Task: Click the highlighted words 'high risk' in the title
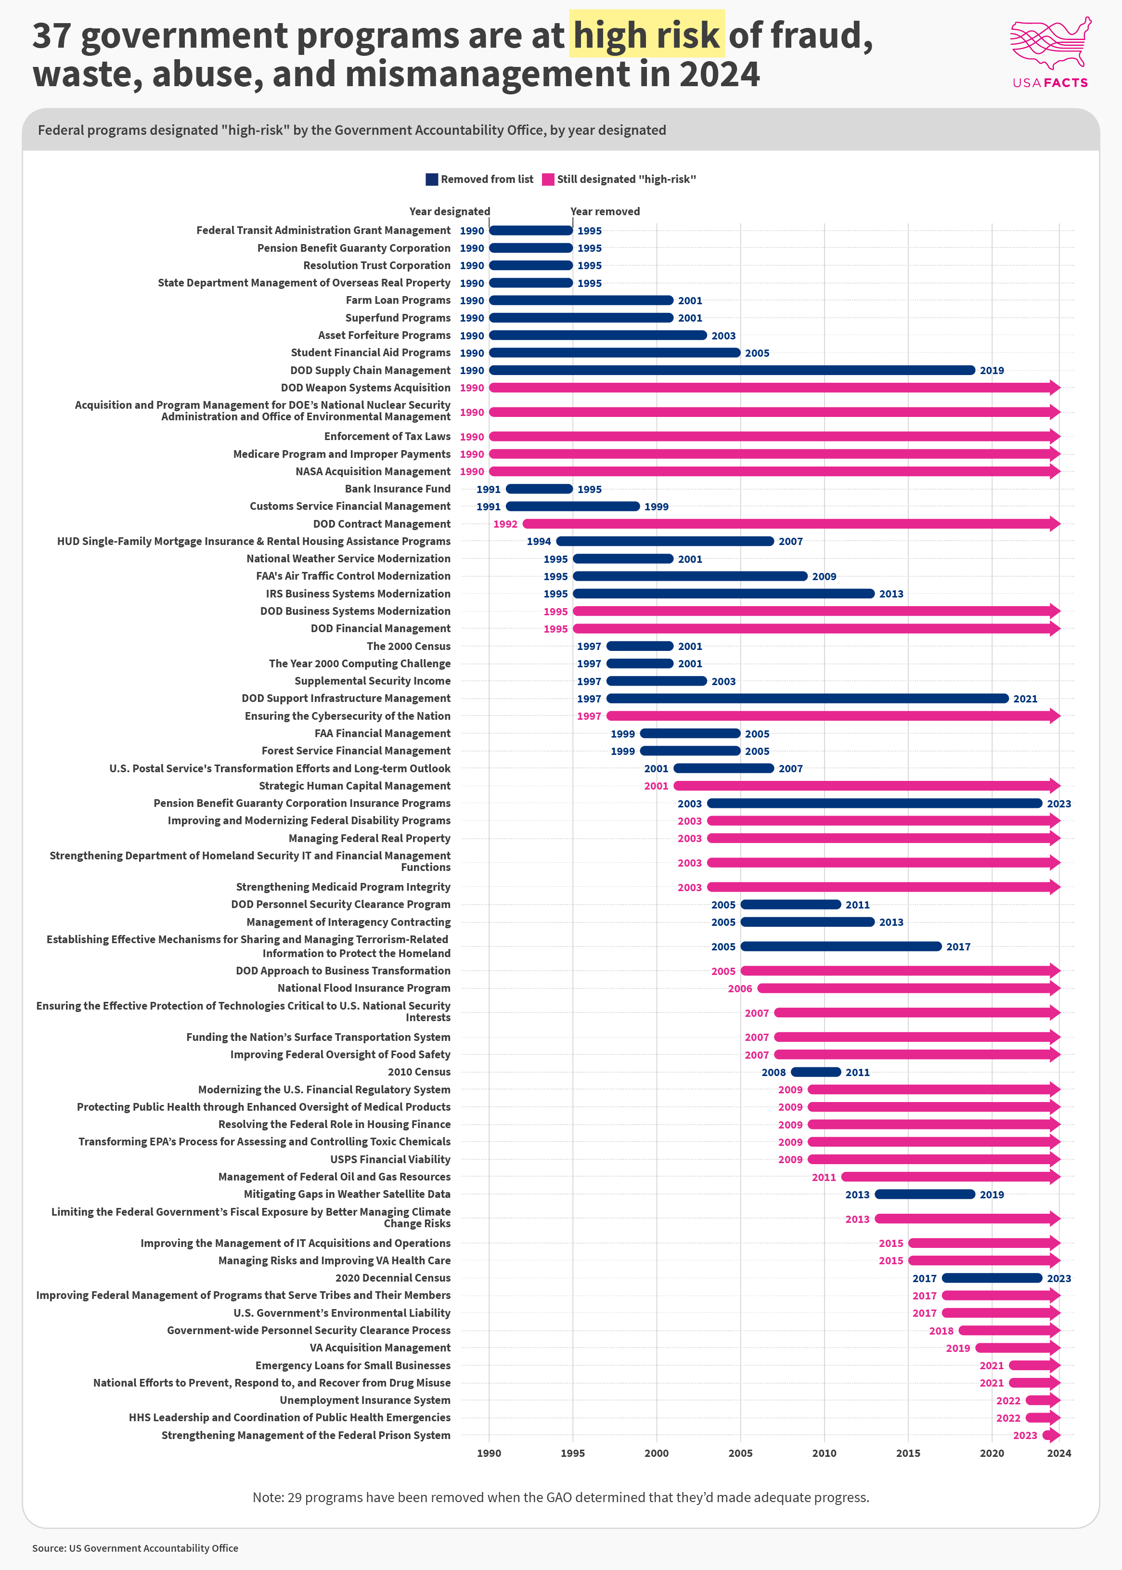(646, 35)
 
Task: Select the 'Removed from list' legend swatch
(432, 180)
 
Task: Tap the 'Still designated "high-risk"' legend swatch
(548, 180)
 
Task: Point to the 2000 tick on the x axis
(657, 1453)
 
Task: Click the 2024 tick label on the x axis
(1058, 1453)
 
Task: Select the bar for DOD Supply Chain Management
(732, 370)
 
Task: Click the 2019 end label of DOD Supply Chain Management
(992, 370)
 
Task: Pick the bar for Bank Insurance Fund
(539, 489)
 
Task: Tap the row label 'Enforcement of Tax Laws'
(387, 437)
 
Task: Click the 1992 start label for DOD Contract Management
(505, 524)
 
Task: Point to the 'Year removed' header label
(605, 211)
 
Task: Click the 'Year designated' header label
(449, 211)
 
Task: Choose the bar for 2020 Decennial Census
(992, 1278)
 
